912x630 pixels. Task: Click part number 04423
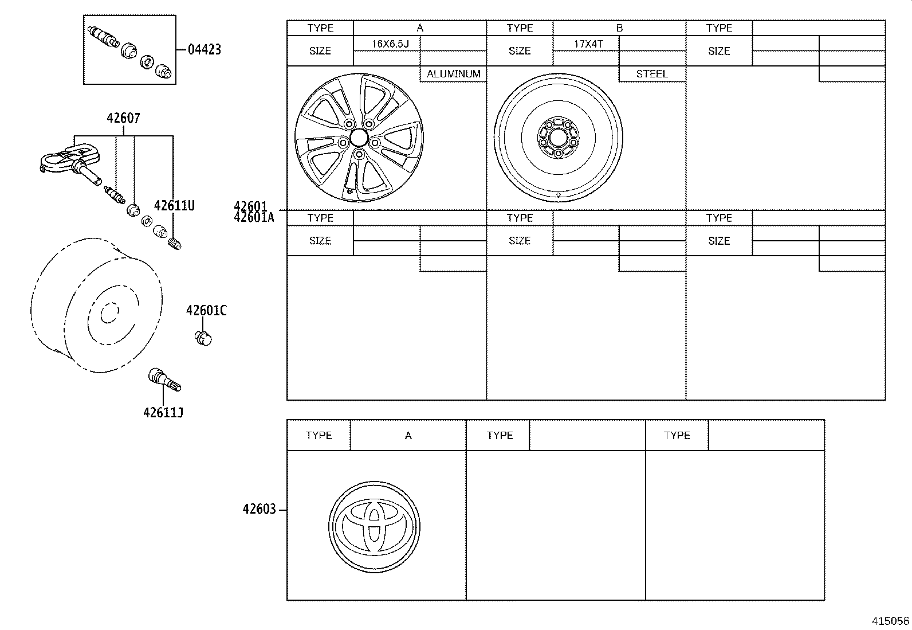[205, 49]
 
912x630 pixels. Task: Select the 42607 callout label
[123, 118]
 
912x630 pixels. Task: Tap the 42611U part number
[174, 205]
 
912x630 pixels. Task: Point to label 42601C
[206, 311]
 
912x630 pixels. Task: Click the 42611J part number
[163, 412]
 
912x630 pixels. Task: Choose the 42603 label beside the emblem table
[259, 509]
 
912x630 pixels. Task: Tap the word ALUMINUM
[453, 74]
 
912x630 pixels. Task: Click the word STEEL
[652, 74]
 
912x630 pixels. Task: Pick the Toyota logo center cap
[375, 527]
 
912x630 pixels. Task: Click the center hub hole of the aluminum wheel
[359, 137]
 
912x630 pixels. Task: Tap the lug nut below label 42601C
[203, 338]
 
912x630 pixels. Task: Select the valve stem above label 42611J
[164, 379]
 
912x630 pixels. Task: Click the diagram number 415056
[890, 621]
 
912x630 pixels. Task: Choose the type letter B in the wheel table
[619, 28]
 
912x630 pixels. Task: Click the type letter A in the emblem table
[408, 436]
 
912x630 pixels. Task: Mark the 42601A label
[254, 217]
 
